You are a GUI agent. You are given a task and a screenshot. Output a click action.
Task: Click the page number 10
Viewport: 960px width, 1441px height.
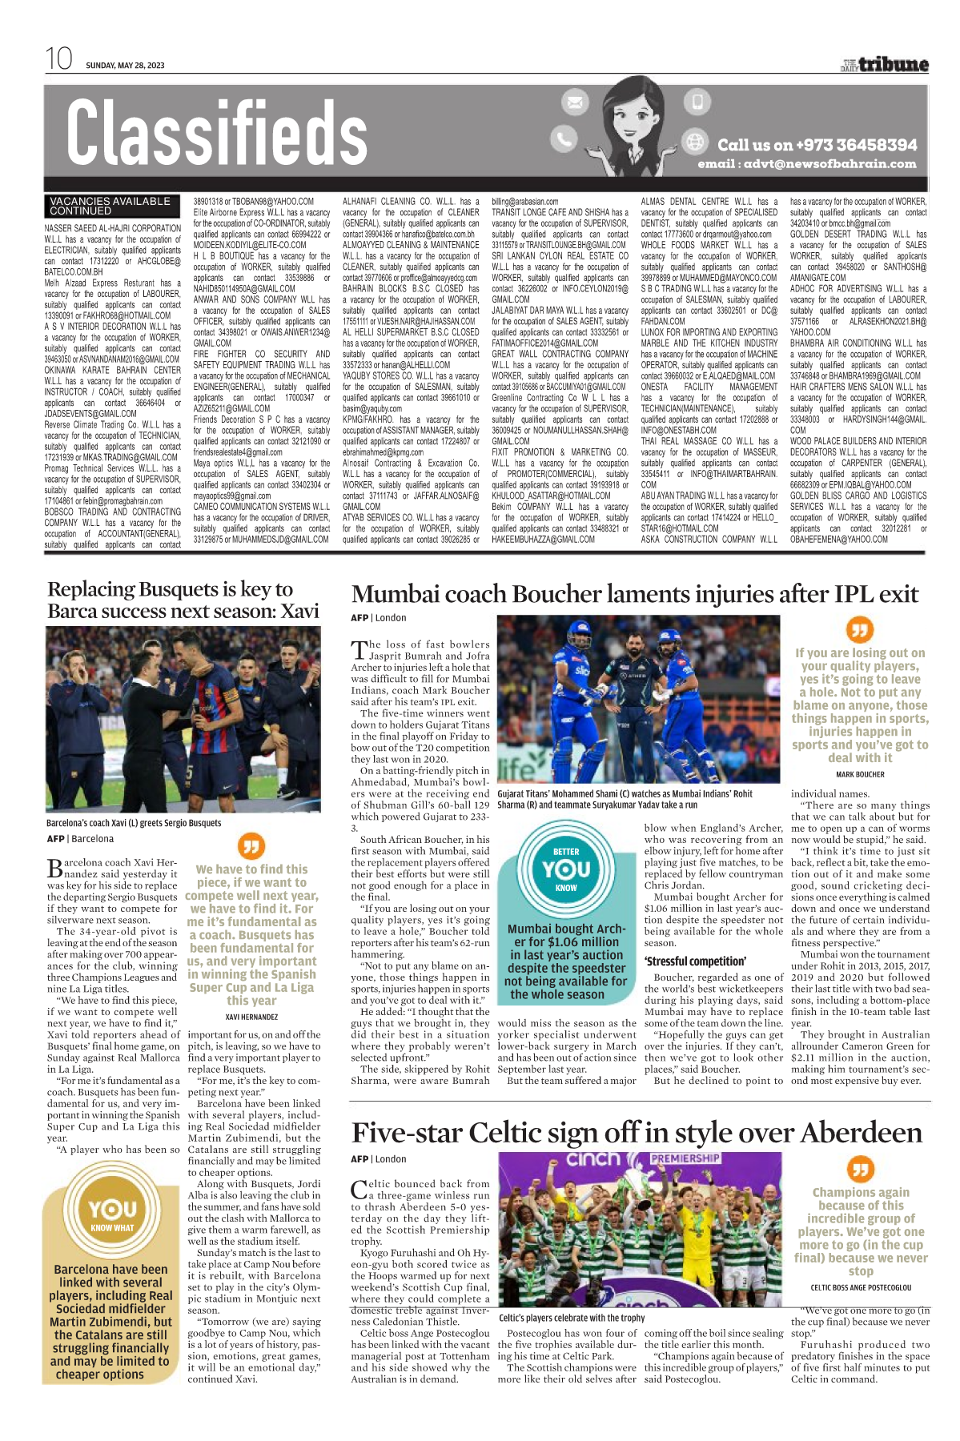[x=58, y=59]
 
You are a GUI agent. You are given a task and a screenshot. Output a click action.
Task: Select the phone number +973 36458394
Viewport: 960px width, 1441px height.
[x=817, y=145]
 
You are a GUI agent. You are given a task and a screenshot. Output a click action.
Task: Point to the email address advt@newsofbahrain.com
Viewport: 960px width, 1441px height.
[x=806, y=164]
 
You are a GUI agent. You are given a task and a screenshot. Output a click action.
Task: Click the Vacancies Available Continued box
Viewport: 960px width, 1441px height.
[x=110, y=206]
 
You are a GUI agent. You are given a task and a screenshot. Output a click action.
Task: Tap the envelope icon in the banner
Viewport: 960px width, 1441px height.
[x=574, y=102]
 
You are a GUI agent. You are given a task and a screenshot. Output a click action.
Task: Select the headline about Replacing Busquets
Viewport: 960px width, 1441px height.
[x=183, y=600]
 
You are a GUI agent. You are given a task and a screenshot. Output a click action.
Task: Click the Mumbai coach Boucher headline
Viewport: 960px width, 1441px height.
[x=635, y=594]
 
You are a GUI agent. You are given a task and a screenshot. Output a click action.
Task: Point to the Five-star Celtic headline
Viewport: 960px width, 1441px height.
[x=637, y=1133]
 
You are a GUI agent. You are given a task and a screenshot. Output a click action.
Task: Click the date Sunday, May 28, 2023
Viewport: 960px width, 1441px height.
[x=125, y=66]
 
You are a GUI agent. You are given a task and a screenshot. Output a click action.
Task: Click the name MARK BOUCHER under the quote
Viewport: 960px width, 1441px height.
[x=860, y=774]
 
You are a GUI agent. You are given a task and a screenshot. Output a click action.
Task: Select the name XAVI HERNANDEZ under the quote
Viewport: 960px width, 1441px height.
[x=251, y=1017]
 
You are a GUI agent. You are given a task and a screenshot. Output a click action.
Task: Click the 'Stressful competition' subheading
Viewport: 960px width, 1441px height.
[x=695, y=961]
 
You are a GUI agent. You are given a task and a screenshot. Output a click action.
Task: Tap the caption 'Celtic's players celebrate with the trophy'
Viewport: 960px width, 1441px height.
[x=572, y=1317]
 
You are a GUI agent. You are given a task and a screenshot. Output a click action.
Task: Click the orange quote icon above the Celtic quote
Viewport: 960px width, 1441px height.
[x=860, y=1170]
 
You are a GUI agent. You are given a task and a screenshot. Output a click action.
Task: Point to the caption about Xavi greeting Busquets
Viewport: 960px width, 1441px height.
[x=134, y=823]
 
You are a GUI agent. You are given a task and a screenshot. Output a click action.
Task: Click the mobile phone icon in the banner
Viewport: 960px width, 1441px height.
[x=697, y=102]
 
